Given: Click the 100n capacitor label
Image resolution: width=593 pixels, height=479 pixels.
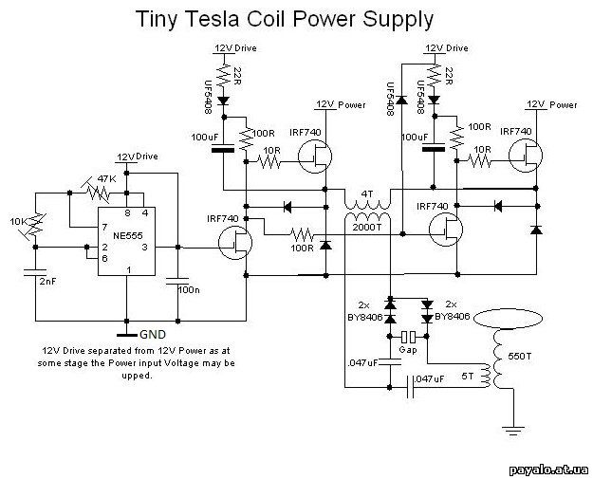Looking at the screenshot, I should coord(189,287).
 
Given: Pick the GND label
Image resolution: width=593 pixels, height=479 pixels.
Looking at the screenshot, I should coord(153,335).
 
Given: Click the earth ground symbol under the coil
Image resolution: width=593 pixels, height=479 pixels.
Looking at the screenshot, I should coord(513,433).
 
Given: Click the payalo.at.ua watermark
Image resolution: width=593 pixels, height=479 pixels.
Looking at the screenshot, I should coord(549,468).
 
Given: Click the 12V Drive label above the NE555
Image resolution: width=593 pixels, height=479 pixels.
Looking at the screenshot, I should coord(137,156).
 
